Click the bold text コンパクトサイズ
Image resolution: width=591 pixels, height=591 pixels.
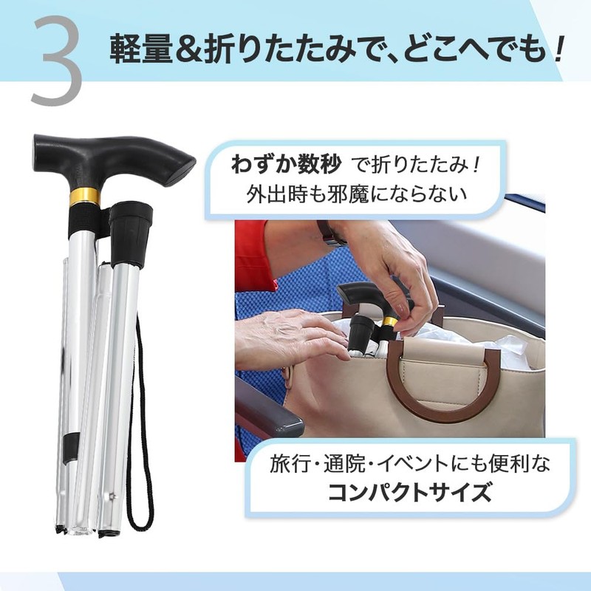(409, 492)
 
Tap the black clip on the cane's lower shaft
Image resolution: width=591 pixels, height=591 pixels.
(70, 444)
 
